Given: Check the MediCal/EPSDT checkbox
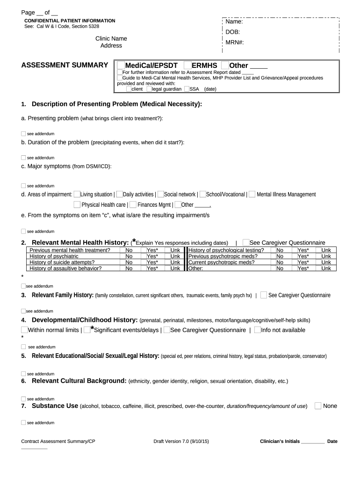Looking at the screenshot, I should coord(121,65).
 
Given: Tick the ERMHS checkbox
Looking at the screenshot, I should coord(187,65).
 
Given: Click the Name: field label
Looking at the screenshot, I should coord(234,22).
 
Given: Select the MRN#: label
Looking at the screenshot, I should coord(235,42).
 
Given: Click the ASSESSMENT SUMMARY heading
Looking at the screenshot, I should coord(65,65).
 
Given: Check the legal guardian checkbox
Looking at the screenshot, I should coord(149,89).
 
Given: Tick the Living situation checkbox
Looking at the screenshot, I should coord(77,194).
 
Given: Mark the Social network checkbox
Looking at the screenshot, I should coord(161,194).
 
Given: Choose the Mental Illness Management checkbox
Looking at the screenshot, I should coord(252,194).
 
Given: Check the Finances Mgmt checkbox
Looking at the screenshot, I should coord(133,204).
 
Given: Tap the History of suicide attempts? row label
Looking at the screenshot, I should coord(58,262).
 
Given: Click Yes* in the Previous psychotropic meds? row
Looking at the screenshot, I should coord(303,256).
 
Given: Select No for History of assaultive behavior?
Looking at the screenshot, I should coord(129,269).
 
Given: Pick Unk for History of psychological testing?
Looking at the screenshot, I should coord(326,250).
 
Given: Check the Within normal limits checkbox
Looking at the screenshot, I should coord(24,330).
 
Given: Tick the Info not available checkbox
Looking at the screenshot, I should coord(258,330).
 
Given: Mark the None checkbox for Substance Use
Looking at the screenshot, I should coord(318,406).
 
